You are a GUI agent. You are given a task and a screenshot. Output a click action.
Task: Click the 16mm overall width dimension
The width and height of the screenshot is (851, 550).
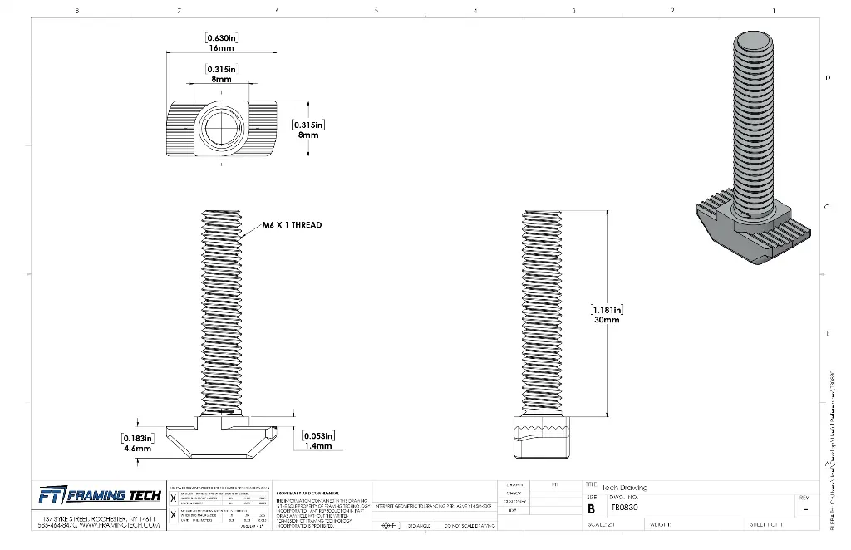pyautogui.click(x=221, y=49)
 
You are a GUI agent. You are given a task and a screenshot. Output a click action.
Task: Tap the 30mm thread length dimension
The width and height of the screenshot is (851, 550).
pyautogui.click(x=607, y=320)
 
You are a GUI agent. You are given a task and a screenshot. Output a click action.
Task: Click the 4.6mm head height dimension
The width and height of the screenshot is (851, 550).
pyautogui.click(x=138, y=449)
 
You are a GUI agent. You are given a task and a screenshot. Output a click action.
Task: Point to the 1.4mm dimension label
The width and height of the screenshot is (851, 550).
pyautogui.click(x=317, y=446)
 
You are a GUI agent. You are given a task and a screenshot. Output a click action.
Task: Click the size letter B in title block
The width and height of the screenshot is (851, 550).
pyautogui.click(x=591, y=508)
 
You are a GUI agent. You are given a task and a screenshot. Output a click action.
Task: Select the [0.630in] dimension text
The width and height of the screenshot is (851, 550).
pyautogui.click(x=222, y=38)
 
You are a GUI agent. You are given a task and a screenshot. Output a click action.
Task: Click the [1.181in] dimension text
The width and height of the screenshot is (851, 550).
pyautogui.click(x=607, y=309)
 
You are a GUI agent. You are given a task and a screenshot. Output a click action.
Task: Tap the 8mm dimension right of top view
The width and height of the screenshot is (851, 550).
pyautogui.click(x=308, y=135)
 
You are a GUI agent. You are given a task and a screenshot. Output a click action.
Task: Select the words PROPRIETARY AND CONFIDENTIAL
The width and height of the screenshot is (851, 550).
pyautogui.click(x=309, y=492)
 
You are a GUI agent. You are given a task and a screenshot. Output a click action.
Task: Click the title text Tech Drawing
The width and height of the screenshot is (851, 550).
pyautogui.click(x=624, y=488)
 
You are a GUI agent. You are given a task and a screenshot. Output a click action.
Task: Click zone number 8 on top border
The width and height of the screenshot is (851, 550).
pyautogui.click(x=76, y=11)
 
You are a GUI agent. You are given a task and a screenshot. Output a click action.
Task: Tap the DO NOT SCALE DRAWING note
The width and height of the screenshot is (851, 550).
pyautogui.click(x=469, y=526)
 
